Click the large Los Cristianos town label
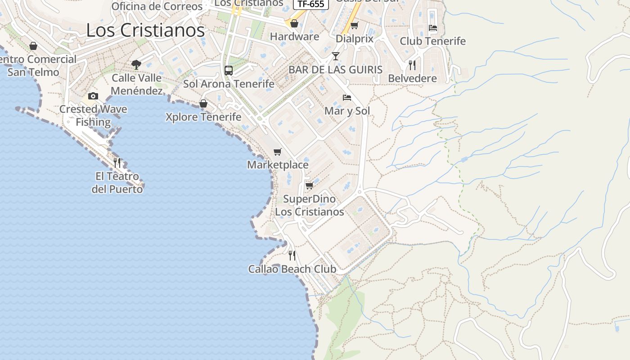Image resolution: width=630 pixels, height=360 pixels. pyautogui.click(x=145, y=31)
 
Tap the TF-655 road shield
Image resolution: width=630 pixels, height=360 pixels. pyautogui.click(x=311, y=4)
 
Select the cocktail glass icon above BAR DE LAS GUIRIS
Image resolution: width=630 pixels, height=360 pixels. pyautogui.click(x=336, y=56)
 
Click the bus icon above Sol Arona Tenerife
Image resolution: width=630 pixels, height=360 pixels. pyautogui.click(x=229, y=71)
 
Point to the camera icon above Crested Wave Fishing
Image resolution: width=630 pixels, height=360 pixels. pyautogui.click(x=93, y=96)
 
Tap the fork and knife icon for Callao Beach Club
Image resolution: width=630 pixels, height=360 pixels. pyautogui.click(x=292, y=256)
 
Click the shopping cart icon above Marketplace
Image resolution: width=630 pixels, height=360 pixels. pyautogui.click(x=278, y=152)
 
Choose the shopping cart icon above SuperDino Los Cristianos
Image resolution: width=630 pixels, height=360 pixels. pyautogui.click(x=309, y=185)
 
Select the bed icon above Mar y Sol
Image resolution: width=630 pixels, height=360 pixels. pyautogui.click(x=347, y=98)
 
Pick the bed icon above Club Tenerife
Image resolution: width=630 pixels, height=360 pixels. pyautogui.click(x=433, y=28)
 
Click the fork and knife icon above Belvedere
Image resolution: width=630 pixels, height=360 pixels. pyautogui.click(x=412, y=65)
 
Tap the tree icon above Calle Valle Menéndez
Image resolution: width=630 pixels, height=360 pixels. pyautogui.click(x=136, y=65)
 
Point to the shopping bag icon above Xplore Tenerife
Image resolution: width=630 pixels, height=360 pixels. pyautogui.click(x=203, y=104)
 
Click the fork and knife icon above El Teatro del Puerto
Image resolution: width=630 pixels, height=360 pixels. pyautogui.click(x=117, y=162)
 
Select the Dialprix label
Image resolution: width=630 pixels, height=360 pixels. pyautogui.click(x=355, y=39)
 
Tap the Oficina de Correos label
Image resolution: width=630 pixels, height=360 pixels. pyautogui.click(x=157, y=6)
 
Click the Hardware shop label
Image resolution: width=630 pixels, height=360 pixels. pyautogui.click(x=294, y=37)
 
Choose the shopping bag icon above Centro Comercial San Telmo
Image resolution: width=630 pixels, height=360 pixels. pyautogui.click(x=33, y=46)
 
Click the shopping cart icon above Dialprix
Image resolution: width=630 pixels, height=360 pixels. pyautogui.click(x=355, y=26)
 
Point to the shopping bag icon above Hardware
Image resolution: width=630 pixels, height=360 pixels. pyautogui.click(x=294, y=23)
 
